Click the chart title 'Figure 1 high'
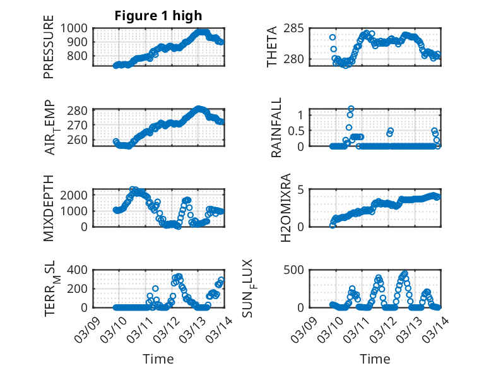pos(158,16)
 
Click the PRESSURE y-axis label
pos(49,50)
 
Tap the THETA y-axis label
pos(272,47)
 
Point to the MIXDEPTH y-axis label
pos(49,208)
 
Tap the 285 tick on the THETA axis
pos(296,28)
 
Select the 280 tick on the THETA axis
pos(296,59)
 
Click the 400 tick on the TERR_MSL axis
pos(80,270)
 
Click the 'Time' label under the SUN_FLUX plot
pos(374,359)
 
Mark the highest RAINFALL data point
pos(351,109)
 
